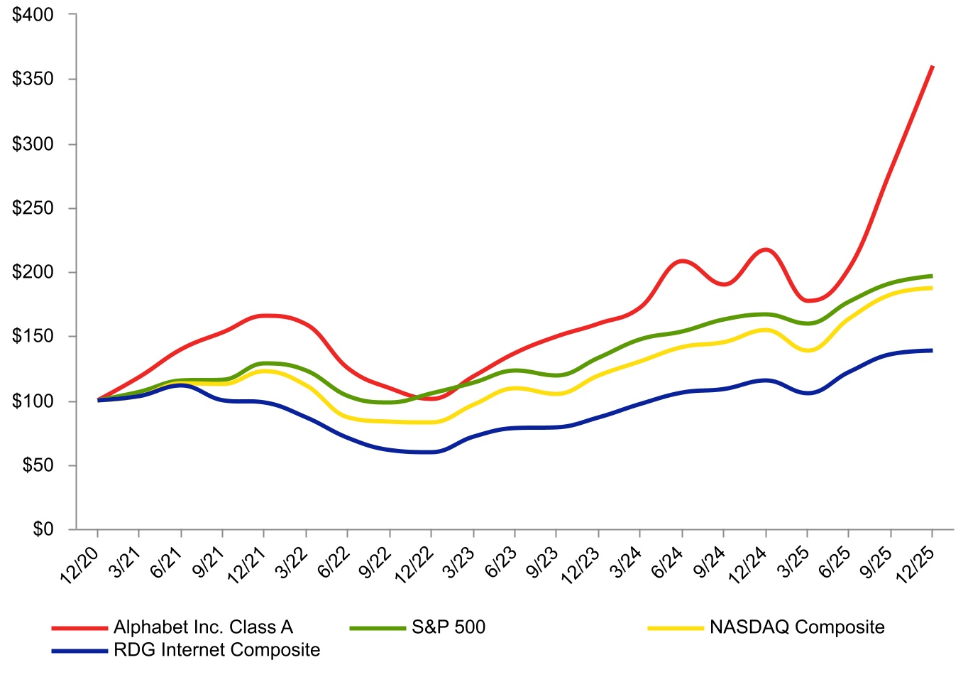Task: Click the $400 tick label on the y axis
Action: tap(33, 14)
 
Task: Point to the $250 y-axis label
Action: tap(33, 208)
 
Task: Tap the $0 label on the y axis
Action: tap(43, 529)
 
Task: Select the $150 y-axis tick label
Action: tap(33, 337)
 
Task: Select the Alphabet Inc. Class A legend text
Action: tap(203, 627)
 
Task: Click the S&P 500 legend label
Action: tap(449, 627)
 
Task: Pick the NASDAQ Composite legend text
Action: tap(797, 627)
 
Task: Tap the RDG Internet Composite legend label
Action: tap(216, 650)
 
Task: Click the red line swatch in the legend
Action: tap(79, 628)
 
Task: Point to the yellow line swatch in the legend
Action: tap(675, 628)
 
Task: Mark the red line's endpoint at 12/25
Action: tap(932, 67)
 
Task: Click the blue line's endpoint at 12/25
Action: tap(932, 350)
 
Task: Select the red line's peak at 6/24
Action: tap(682, 261)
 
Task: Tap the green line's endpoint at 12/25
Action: tap(932, 276)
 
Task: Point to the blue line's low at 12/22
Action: tap(431, 452)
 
